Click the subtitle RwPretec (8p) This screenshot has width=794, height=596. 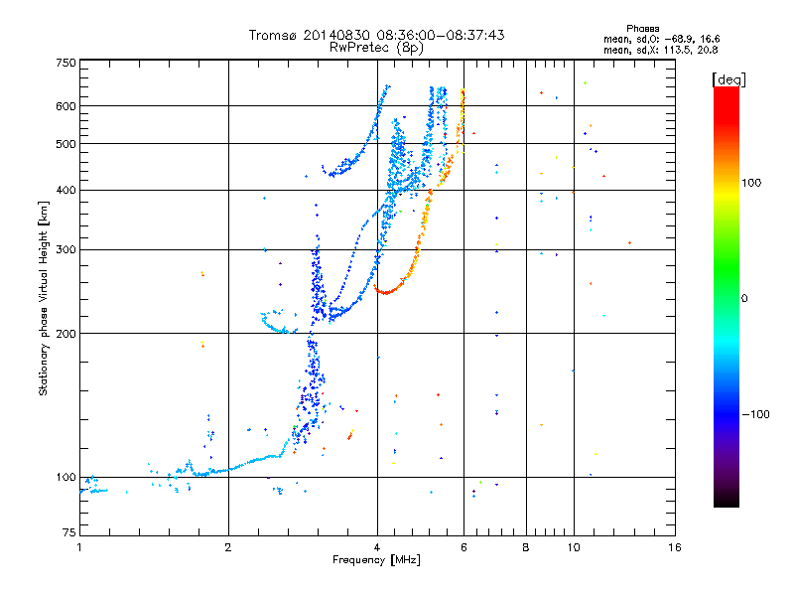coord(376,48)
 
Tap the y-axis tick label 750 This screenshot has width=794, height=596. coord(66,63)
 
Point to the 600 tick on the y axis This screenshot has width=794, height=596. coord(66,106)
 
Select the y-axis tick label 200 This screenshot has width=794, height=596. coord(66,334)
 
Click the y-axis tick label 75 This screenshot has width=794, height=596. coord(69,532)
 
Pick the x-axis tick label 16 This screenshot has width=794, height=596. coord(674,547)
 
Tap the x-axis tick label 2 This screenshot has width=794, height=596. coord(228,547)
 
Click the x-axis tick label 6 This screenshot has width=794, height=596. coord(463,547)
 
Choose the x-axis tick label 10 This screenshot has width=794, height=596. coord(574,547)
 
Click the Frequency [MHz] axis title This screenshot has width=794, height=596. coord(376,560)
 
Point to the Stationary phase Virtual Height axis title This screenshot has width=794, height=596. coord(43,298)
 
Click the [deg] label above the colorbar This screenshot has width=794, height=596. coord(728,79)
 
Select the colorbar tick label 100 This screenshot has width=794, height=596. coord(751,183)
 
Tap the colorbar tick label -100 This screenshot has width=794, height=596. coord(755,414)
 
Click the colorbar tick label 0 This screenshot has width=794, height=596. coord(744,299)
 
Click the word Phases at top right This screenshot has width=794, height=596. coord(642,29)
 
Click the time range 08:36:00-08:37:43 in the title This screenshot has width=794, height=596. coord(440,35)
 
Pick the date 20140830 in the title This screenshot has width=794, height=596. coord(336,35)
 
